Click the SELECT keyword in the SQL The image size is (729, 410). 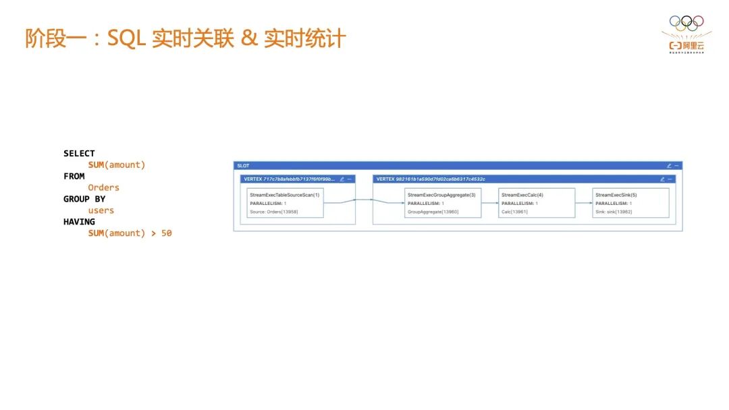pos(79,153)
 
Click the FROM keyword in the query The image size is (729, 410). pos(74,176)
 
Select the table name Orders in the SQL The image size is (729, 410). pos(103,187)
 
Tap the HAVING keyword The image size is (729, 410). pos(79,222)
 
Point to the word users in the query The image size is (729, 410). pos(101,210)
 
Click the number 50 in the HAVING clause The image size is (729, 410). pos(166,233)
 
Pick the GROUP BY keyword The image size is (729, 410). pos(84,199)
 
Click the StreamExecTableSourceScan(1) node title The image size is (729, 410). pos(284,195)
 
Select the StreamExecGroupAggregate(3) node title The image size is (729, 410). pos(441,195)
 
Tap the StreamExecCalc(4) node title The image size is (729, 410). pos(522,195)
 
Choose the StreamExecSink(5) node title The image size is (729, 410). pos(616,195)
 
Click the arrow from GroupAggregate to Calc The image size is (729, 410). pos(490,202)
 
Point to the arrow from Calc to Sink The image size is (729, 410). pos(584,202)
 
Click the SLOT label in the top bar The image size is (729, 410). pos(243,166)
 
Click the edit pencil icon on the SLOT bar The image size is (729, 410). pos(669,166)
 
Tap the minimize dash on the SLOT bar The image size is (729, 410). pos(677,166)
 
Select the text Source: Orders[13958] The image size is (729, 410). pos(273,212)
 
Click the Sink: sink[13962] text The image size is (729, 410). pos(614,212)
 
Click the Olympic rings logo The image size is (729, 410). pos(686,22)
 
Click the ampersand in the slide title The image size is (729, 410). pos(249,38)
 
